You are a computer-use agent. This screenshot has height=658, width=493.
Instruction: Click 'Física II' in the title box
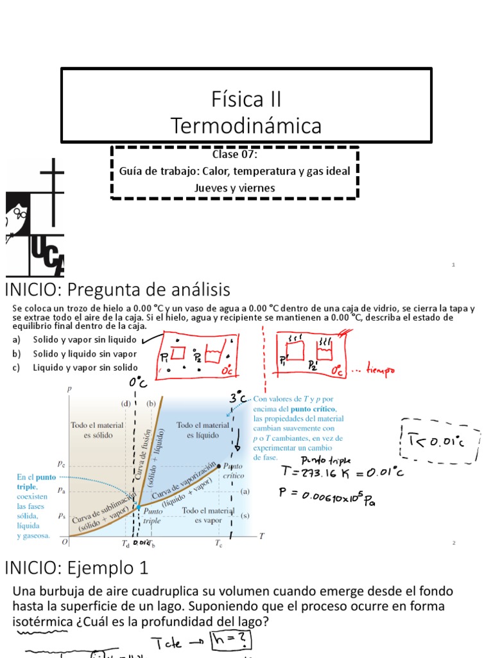pos(246,100)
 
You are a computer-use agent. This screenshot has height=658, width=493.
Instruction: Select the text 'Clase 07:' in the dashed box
pos(234,155)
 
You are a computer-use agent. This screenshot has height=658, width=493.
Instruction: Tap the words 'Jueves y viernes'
pos(234,188)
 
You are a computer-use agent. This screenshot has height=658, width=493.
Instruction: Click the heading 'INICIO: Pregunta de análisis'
pos(117,289)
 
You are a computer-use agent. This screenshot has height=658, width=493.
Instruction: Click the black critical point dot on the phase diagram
pos(220,465)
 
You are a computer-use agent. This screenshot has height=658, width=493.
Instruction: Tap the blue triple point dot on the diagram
pos(137,507)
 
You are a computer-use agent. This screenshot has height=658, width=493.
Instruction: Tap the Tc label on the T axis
pos(218,544)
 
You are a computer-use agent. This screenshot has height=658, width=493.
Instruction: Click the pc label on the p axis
pos(61,463)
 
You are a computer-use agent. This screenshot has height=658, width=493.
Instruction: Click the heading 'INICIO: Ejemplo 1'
pos(76,568)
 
